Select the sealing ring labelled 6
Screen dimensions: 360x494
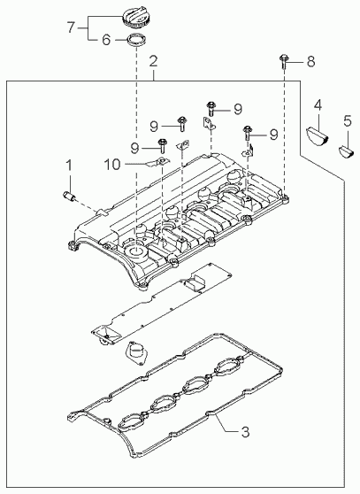[x=136, y=41]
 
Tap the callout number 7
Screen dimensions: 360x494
[x=71, y=27]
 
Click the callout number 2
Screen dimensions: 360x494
[x=153, y=61]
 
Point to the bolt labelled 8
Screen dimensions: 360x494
[x=283, y=61]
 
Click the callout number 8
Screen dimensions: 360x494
[x=310, y=61]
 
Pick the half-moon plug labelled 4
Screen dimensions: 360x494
[x=318, y=135]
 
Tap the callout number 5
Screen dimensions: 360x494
[x=348, y=121]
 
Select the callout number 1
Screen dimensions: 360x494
[x=69, y=166]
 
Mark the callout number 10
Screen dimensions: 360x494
[x=112, y=164]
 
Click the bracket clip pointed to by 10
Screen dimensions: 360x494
[x=159, y=162]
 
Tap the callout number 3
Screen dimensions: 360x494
[x=245, y=432]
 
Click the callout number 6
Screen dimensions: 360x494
[x=106, y=40]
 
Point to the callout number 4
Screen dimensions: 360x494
[x=318, y=105]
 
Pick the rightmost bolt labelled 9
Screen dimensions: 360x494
[x=248, y=133]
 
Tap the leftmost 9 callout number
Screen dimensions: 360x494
[x=135, y=148]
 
